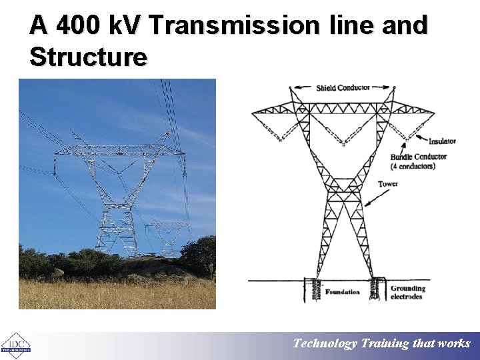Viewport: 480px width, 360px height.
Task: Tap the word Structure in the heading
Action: (88, 57)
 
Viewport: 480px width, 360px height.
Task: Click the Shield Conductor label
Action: (343, 88)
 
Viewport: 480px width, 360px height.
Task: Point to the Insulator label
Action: (442, 141)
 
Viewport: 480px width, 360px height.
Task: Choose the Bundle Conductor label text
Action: (418, 157)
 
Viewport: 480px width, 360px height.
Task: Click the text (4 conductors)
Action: (413, 166)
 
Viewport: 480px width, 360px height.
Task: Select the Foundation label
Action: (342, 292)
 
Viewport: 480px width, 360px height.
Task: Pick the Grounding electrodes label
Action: (407, 293)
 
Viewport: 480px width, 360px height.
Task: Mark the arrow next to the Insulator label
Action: (416, 139)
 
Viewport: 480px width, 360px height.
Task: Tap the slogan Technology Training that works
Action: (381, 344)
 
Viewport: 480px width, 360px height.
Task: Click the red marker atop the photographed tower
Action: (168, 134)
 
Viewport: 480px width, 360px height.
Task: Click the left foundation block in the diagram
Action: (311, 290)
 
